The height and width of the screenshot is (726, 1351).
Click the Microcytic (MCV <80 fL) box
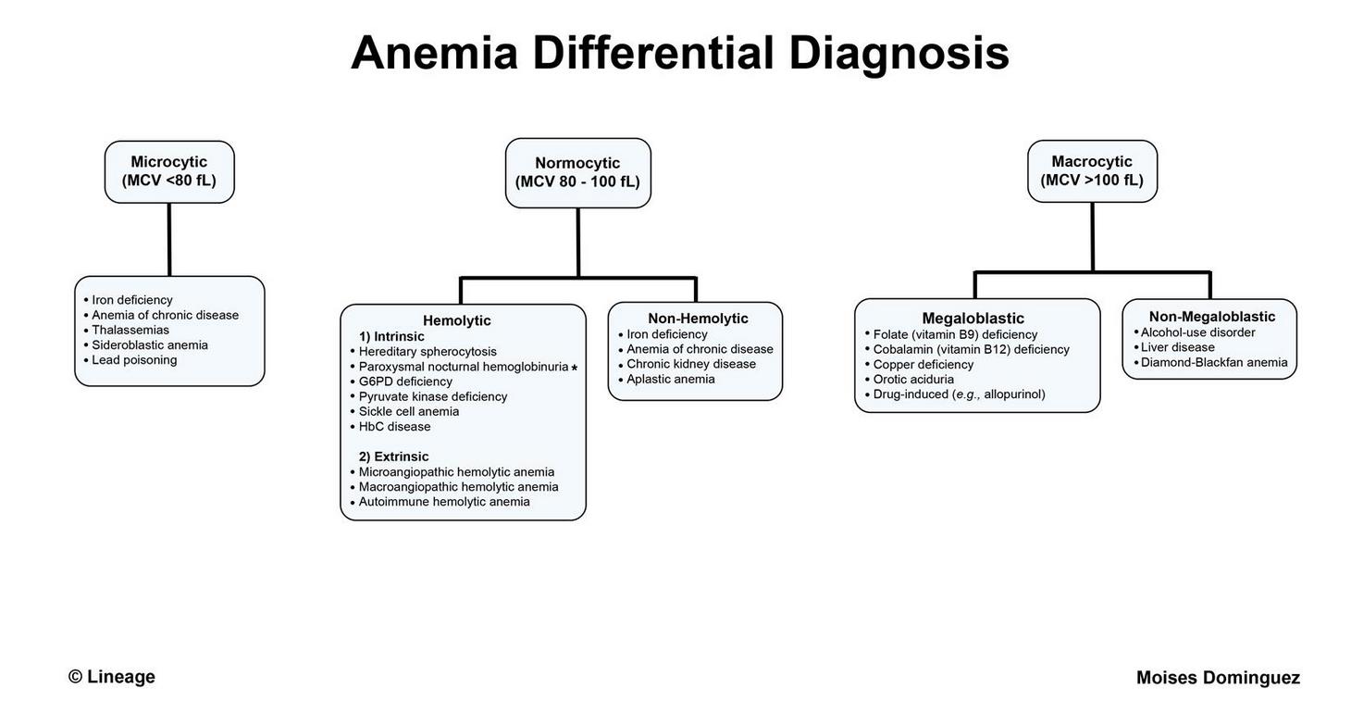tap(169, 172)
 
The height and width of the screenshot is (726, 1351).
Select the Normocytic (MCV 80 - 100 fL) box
tap(577, 173)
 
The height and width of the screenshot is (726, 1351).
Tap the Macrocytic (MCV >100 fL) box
tap(1092, 171)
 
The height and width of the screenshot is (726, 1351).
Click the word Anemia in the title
tap(434, 53)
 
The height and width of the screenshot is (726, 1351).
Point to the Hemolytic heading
tap(456, 320)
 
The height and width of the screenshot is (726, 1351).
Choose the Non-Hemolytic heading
tap(698, 319)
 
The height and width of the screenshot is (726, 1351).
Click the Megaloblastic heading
tap(973, 319)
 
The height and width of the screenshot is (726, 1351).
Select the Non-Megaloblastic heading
tap(1211, 317)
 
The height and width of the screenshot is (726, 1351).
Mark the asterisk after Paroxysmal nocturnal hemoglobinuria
tap(574, 368)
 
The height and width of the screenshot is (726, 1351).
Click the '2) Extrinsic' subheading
tap(394, 457)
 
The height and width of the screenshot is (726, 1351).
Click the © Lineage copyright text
tap(112, 677)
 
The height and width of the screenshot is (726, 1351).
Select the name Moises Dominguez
tap(1218, 678)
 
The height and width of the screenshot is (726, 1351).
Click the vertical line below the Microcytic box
tap(169, 240)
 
